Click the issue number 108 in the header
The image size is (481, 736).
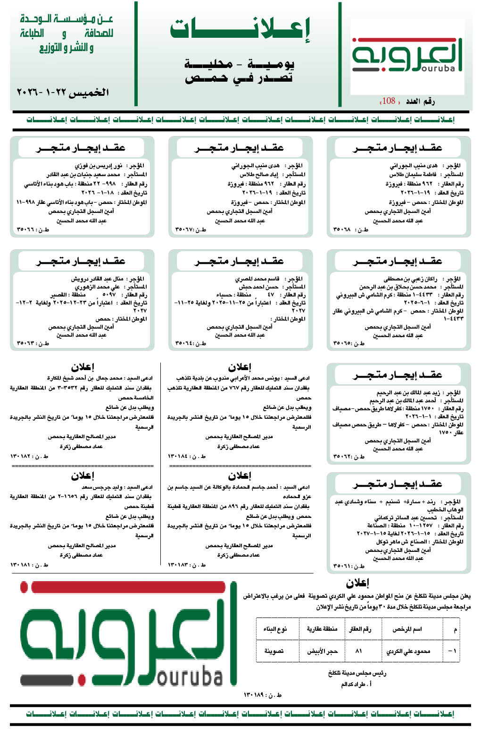click(x=389, y=101)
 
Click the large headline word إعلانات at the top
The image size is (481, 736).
click(x=240, y=30)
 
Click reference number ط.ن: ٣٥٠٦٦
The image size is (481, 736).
click(x=33, y=230)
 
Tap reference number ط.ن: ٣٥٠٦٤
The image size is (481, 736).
click(x=191, y=343)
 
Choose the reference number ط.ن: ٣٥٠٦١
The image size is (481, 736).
click(x=349, y=566)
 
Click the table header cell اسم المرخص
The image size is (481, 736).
click(x=407, y=629)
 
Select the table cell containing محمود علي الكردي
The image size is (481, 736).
click(x=408, y=651)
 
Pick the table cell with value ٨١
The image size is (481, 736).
click(x=359, y=651)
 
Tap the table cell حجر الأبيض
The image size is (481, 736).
click(x=322, y=651)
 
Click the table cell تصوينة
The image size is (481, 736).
click(x=274, y=651)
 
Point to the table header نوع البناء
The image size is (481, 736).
click(x=275, y=629)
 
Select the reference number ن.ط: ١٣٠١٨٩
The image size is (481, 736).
click(x=263, y=695)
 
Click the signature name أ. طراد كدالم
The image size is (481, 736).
click(x=356, y=684)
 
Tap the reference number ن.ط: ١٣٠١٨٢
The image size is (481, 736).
click(x=29, y=456)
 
